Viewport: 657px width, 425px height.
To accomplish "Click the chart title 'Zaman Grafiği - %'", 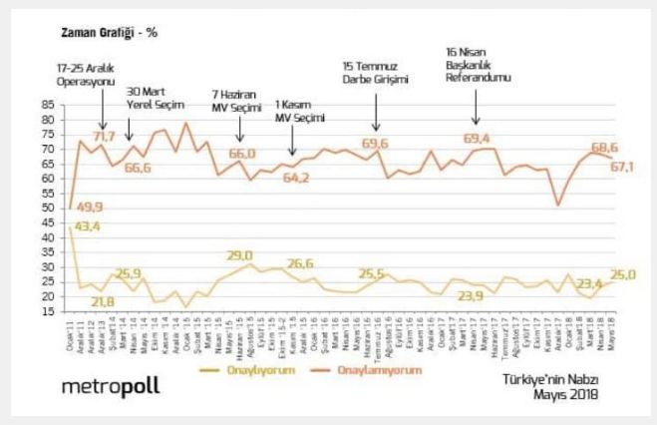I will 109,32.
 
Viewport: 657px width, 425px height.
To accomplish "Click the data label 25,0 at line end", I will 624,274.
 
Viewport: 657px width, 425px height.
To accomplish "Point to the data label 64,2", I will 297,178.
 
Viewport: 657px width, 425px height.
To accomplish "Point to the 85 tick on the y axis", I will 48,105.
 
